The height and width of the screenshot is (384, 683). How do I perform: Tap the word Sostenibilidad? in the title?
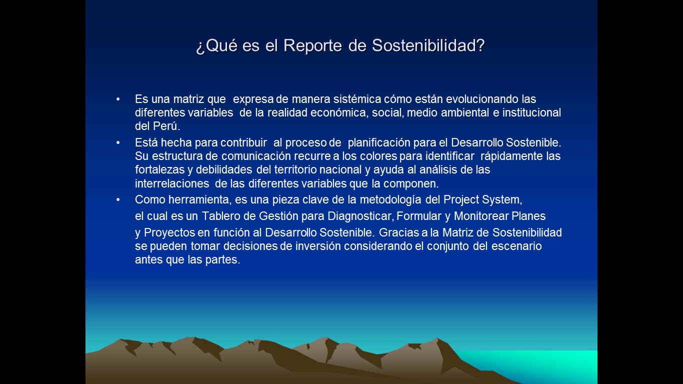[428, 45]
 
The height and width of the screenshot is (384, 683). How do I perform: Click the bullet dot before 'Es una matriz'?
[118, 99]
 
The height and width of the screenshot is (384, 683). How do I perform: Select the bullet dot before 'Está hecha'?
[118, 142]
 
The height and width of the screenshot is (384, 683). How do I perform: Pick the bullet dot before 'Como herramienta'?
[118, 200]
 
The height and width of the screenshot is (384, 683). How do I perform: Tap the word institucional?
[531, 112]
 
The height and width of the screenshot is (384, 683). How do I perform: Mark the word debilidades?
[224, 169]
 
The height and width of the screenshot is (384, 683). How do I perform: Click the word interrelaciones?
[172, 183]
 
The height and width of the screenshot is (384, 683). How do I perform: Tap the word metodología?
[390, 200]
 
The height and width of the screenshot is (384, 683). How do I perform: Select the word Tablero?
[221, 216]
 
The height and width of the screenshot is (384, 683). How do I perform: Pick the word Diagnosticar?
[359, 216]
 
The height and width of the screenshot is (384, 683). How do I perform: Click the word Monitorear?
[481, 216]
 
